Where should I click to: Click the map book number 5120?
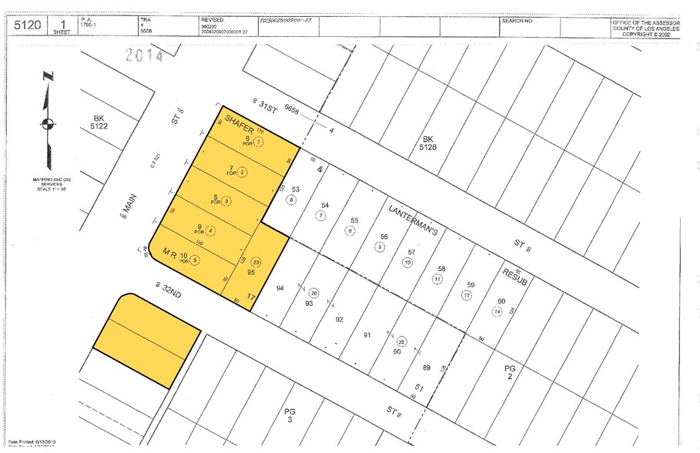[26, 25]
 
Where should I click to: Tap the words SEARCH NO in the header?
[517, 21]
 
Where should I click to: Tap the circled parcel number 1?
[260, 142]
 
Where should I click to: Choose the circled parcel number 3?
[226, 201]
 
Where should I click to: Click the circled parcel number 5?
[196, 260]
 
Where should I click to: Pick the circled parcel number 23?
[256, 262]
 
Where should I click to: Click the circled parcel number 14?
[497, 311]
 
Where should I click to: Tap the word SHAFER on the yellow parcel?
[239, 126]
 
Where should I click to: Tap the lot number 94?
[280, 287]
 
